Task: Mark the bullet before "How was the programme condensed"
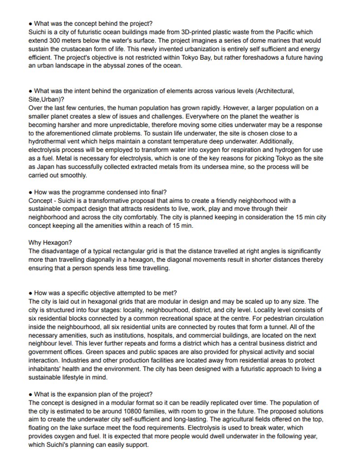click(30, 192)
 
